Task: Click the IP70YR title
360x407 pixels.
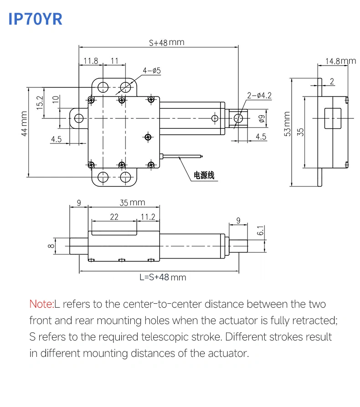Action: [35, 19]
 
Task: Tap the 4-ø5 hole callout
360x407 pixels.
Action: [152, 71]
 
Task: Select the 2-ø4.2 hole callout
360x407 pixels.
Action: [259, 95]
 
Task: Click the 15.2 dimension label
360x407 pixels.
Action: [39, 103]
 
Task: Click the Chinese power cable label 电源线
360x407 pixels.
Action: [204, 175]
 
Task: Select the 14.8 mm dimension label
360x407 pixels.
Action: [340, 61]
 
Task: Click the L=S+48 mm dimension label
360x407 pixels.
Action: [163, 277]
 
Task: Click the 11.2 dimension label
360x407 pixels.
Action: [148, 217]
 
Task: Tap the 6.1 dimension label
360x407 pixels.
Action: [260, 231]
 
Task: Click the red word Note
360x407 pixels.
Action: [41, 304]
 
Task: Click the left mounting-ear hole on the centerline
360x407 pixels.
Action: [79, 118]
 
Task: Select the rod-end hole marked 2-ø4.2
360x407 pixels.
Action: [238, 118]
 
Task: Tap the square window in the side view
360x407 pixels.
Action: [332, 118]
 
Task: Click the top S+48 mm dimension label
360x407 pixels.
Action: [166, 42]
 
